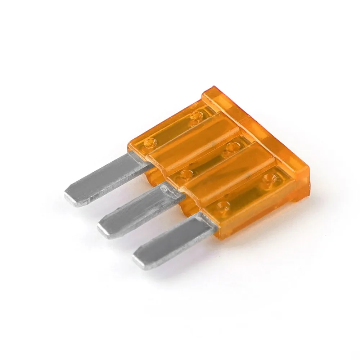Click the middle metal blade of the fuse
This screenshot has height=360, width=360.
click(137, 212)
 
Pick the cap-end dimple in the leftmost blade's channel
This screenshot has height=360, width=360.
click(197, 116)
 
